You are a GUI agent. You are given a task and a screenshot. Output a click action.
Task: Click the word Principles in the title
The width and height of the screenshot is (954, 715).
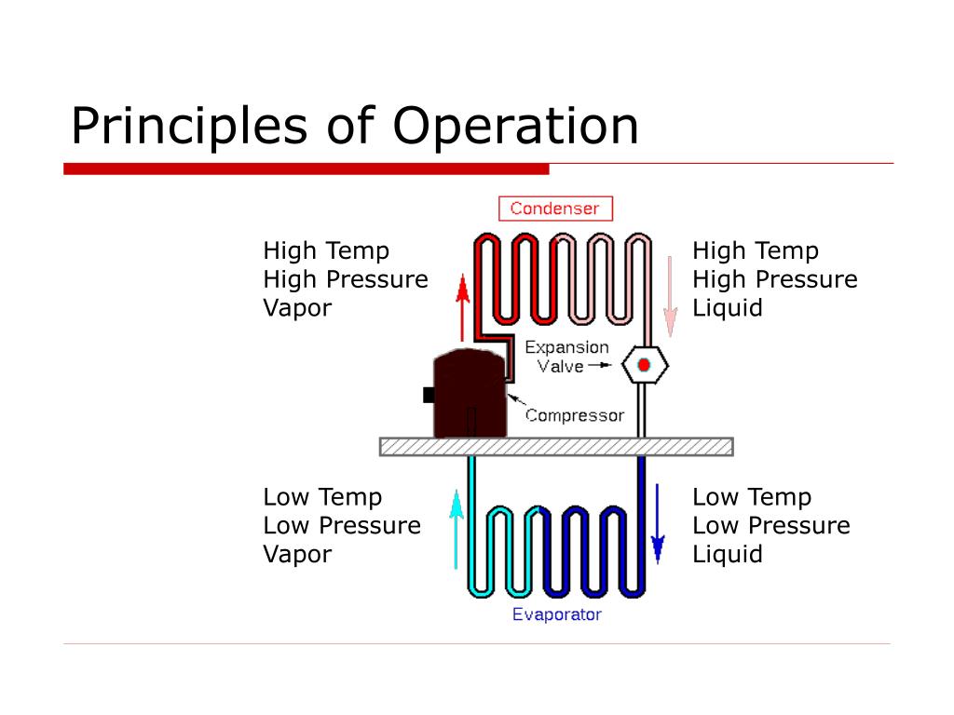189,126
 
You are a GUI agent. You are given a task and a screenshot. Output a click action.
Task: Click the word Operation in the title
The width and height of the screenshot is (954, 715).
516,126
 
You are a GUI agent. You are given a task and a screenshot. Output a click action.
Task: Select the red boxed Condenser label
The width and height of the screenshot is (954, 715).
555,209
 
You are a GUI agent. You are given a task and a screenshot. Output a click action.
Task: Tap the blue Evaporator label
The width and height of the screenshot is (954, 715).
557,614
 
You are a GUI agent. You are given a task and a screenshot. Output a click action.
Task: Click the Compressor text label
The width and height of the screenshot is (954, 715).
575,415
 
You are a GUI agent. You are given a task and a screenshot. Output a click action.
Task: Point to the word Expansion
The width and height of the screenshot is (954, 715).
566,347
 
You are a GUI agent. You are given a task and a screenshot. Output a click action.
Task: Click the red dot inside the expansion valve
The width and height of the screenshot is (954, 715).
644,365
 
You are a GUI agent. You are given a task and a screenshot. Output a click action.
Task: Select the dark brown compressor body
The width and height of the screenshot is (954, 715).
470,393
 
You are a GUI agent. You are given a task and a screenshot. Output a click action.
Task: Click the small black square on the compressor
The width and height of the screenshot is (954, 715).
429,395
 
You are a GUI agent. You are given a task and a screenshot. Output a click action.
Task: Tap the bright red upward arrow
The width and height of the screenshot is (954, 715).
463,307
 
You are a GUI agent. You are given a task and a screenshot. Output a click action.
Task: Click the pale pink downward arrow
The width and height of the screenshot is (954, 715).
670,297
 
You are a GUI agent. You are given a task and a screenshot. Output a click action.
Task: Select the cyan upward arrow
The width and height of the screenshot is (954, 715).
457,529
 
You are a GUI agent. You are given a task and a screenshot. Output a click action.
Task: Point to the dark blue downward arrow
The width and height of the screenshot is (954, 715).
658,523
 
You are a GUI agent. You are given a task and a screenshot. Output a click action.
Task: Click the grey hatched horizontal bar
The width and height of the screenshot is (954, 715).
556,447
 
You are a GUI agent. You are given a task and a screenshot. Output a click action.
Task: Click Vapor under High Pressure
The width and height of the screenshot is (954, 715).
297,308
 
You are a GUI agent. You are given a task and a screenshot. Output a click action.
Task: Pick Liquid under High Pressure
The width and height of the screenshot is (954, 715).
728,308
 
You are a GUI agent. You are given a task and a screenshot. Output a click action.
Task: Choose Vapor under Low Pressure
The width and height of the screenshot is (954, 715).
297,555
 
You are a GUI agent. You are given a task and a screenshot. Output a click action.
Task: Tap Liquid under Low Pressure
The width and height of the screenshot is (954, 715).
728,555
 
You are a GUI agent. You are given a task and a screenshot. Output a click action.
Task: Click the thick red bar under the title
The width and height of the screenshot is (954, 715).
306,169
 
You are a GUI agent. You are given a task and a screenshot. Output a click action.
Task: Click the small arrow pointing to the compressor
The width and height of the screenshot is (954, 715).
516,399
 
